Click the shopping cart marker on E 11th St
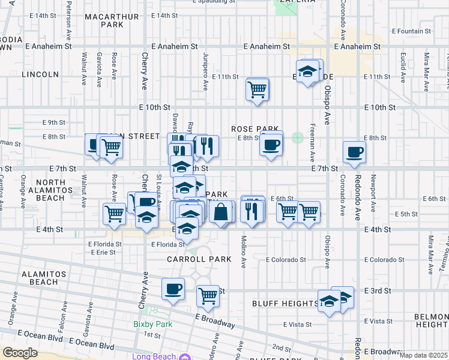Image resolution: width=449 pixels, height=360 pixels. pos(258,90)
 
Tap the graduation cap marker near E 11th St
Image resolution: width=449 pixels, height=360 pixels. pos(308,72)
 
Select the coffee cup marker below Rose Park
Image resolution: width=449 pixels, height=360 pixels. pos(271,145)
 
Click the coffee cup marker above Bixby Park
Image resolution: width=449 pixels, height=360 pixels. pos(173,289)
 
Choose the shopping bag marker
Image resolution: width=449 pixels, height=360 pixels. pos(221,212)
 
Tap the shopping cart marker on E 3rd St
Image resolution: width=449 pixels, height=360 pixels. pos(208,295)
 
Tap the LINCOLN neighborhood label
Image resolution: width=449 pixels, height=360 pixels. pos(40,74)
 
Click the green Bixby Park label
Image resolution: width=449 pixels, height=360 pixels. pos(148,324)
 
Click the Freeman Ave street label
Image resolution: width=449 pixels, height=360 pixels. pos(313,145)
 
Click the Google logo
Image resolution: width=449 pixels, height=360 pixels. pos(20,353)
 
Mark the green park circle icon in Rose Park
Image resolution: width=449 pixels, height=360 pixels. pos(297,138)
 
